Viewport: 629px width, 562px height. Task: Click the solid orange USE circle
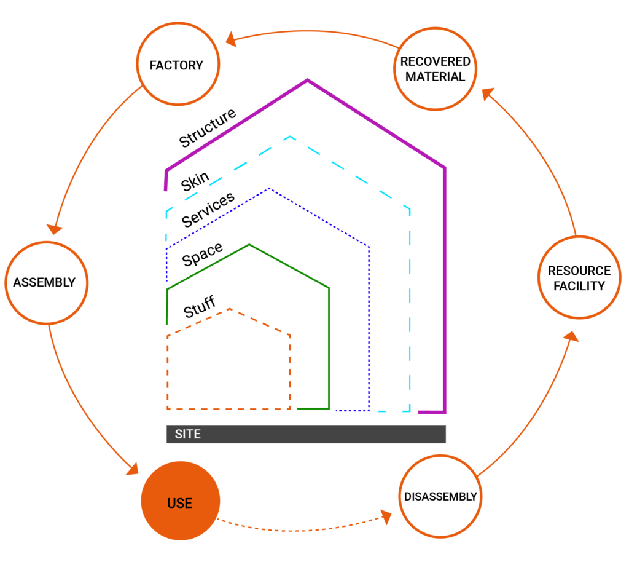pyautogui.click(x=181, y=501)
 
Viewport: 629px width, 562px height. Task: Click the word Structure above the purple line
pyautogui.click(x=208, y=128)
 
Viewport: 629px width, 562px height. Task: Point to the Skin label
pyautogui.click(x=195, y=181)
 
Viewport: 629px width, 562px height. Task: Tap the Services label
pyautogui.click(x=208, y=210)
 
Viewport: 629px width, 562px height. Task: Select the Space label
pyautogui.click(x=202, y=255)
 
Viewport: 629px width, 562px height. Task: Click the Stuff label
pyautogui.click(x=200, y=307)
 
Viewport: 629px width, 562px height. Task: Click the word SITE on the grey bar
pyautogui.click(x=188, y=434)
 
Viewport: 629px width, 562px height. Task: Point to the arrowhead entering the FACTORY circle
pyautogui.click(x=231, y=39)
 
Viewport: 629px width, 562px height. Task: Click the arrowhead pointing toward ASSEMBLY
pyautogui.click(x=55, y=229)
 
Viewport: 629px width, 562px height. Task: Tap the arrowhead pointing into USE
pyautogui.click(x=133, y=469)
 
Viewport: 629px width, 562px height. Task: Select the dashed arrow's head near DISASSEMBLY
pyautogui.click(x=386, y=517)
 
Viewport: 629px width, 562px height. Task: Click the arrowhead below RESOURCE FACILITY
pyautogui.click(x=571, y=336)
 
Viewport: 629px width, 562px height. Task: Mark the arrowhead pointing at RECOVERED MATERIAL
pyautogui.click(x=488, y=93)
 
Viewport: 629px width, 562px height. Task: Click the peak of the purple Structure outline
pyautogui.click(x=307, y=80)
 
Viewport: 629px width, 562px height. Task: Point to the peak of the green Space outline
pyautogui.click(x=249, y=245)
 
